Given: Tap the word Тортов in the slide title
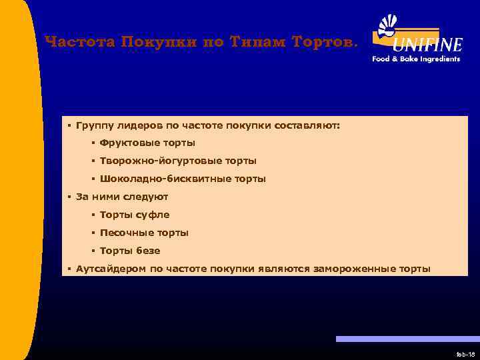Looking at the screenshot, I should coord(326,42).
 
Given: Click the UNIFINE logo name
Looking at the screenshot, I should coord(427,45).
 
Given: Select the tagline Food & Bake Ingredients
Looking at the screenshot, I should coord(416,59).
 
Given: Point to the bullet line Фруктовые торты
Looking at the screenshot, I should coord(147,143).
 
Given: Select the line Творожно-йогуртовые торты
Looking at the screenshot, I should coord(178,161).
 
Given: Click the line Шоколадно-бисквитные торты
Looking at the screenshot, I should coord(183,179).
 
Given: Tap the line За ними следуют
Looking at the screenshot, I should coord(122,197).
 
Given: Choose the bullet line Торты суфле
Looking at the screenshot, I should coord(135,215).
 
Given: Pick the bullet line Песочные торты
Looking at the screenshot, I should coord(144,233).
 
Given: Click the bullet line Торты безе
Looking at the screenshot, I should coord(130,251).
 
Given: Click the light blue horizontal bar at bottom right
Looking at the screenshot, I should coord(407,339).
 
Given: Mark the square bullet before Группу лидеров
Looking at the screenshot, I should coord(69,125).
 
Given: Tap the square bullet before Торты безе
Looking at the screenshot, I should coord(93,251).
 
